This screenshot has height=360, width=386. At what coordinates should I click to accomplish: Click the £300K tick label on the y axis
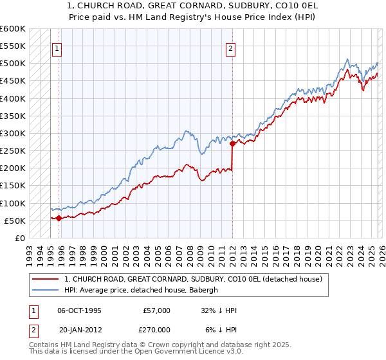12,134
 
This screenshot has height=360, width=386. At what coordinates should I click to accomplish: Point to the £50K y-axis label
14,221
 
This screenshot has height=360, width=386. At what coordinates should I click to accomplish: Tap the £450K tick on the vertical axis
12,82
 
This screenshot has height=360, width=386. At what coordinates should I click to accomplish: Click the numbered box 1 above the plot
57,48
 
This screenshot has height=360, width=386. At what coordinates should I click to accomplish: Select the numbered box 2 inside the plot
230,48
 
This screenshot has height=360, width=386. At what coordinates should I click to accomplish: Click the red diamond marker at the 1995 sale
59,218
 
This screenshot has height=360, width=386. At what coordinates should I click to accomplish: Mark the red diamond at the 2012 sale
232,144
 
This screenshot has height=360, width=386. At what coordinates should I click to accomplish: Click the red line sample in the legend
45,279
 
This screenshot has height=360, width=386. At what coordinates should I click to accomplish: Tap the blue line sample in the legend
45,290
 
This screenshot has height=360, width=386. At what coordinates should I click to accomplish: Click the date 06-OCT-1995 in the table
79,310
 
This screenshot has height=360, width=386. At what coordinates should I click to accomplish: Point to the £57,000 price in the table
157,310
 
